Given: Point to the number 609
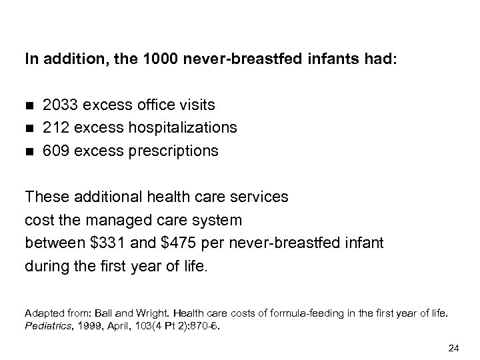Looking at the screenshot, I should point(55,151).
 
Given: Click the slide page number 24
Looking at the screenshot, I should point(453,346).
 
